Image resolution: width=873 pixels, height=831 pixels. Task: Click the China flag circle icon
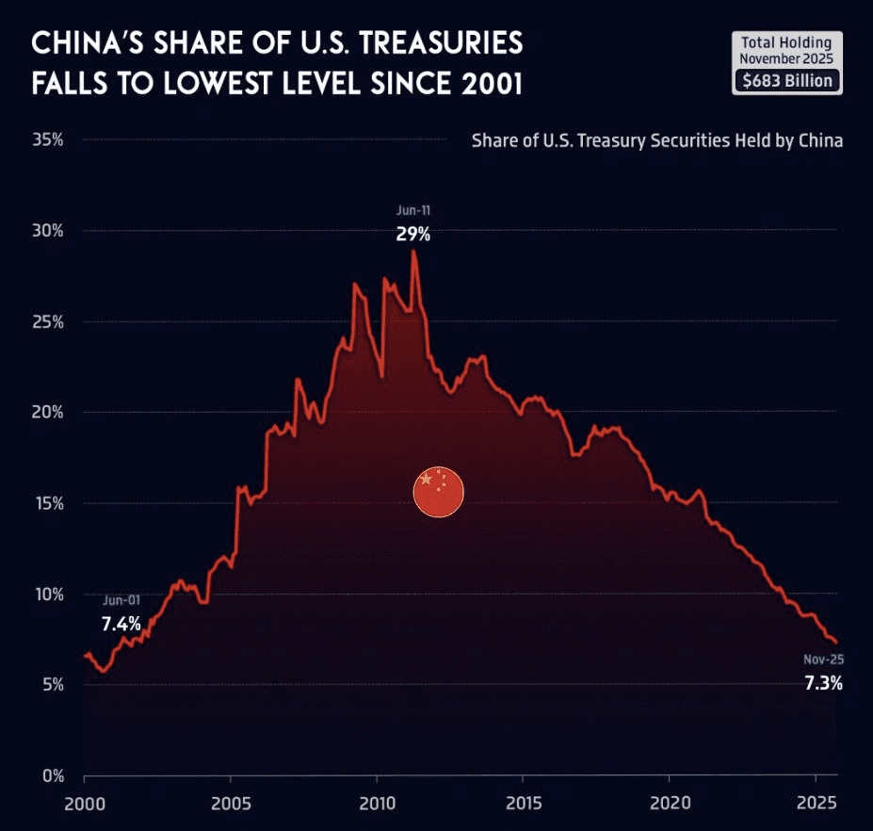(439, 492)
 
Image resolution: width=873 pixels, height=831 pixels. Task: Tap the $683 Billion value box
(787, 81)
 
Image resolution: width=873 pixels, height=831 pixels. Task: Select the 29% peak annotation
(412, 234)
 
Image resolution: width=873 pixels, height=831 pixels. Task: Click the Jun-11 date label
(413, 211)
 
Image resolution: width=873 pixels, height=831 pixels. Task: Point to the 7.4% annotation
(121, 623)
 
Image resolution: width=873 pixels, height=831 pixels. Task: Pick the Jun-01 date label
(121, 600)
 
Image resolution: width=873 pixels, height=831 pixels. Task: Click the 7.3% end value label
(823, 683)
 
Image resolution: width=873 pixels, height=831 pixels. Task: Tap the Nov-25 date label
(823, 660)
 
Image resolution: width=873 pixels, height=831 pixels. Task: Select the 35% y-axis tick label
(47, 140)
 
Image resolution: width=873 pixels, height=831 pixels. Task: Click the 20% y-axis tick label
(47, 413)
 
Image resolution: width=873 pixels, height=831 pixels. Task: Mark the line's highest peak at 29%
(413, 252)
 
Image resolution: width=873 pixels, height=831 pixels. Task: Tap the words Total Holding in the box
(786, 42)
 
